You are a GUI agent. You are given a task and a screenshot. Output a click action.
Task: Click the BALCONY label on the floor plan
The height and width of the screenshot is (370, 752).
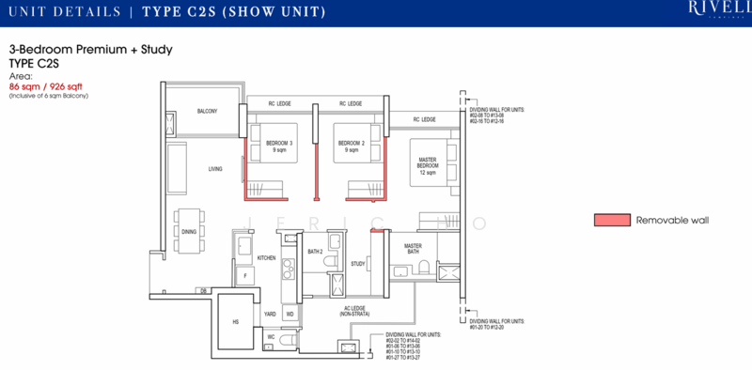point(207,111)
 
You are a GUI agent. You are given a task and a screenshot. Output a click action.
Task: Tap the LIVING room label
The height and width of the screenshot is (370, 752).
point(215,169)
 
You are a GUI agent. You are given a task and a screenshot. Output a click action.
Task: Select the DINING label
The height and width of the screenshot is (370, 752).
point(189,231)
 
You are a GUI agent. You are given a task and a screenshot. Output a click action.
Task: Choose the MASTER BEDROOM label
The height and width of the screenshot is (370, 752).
point(428,165)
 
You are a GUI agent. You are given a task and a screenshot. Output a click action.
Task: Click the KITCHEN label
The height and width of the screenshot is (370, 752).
point(266,257)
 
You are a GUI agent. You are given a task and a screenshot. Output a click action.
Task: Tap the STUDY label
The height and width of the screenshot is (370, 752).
point(357,265)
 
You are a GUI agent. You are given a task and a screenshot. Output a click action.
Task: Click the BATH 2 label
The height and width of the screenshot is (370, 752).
point(316,252)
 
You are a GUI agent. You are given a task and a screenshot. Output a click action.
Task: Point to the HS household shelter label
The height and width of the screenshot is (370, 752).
point(236,320)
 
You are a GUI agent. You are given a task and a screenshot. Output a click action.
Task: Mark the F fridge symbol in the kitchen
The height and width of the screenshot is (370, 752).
point(245,276)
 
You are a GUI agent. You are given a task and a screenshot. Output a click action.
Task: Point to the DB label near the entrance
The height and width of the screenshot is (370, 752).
point(203,292)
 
